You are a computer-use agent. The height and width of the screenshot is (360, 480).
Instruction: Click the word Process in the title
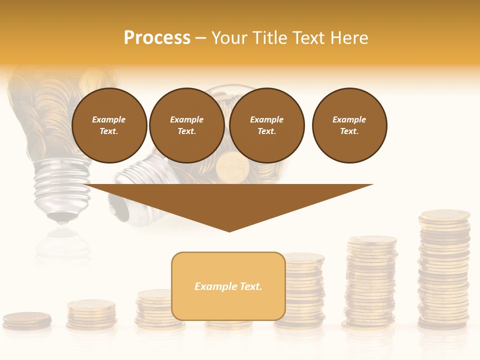(157, 37)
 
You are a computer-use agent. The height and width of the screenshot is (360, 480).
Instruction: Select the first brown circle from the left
(109, 125)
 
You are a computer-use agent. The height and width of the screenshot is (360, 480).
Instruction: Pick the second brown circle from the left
(186, 125)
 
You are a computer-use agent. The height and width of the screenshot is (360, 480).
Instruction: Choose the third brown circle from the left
(266, 125)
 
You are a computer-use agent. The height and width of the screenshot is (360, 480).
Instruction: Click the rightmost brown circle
(349, 125)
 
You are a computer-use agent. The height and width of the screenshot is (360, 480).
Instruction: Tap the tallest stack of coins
(444, 270)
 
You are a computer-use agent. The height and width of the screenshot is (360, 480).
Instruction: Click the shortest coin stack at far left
(27, 320)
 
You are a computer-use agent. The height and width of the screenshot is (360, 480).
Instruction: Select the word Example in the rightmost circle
(349, 119)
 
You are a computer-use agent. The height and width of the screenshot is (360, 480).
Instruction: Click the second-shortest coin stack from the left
(91, 313)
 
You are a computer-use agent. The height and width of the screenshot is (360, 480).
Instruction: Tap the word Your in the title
(230, 37)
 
